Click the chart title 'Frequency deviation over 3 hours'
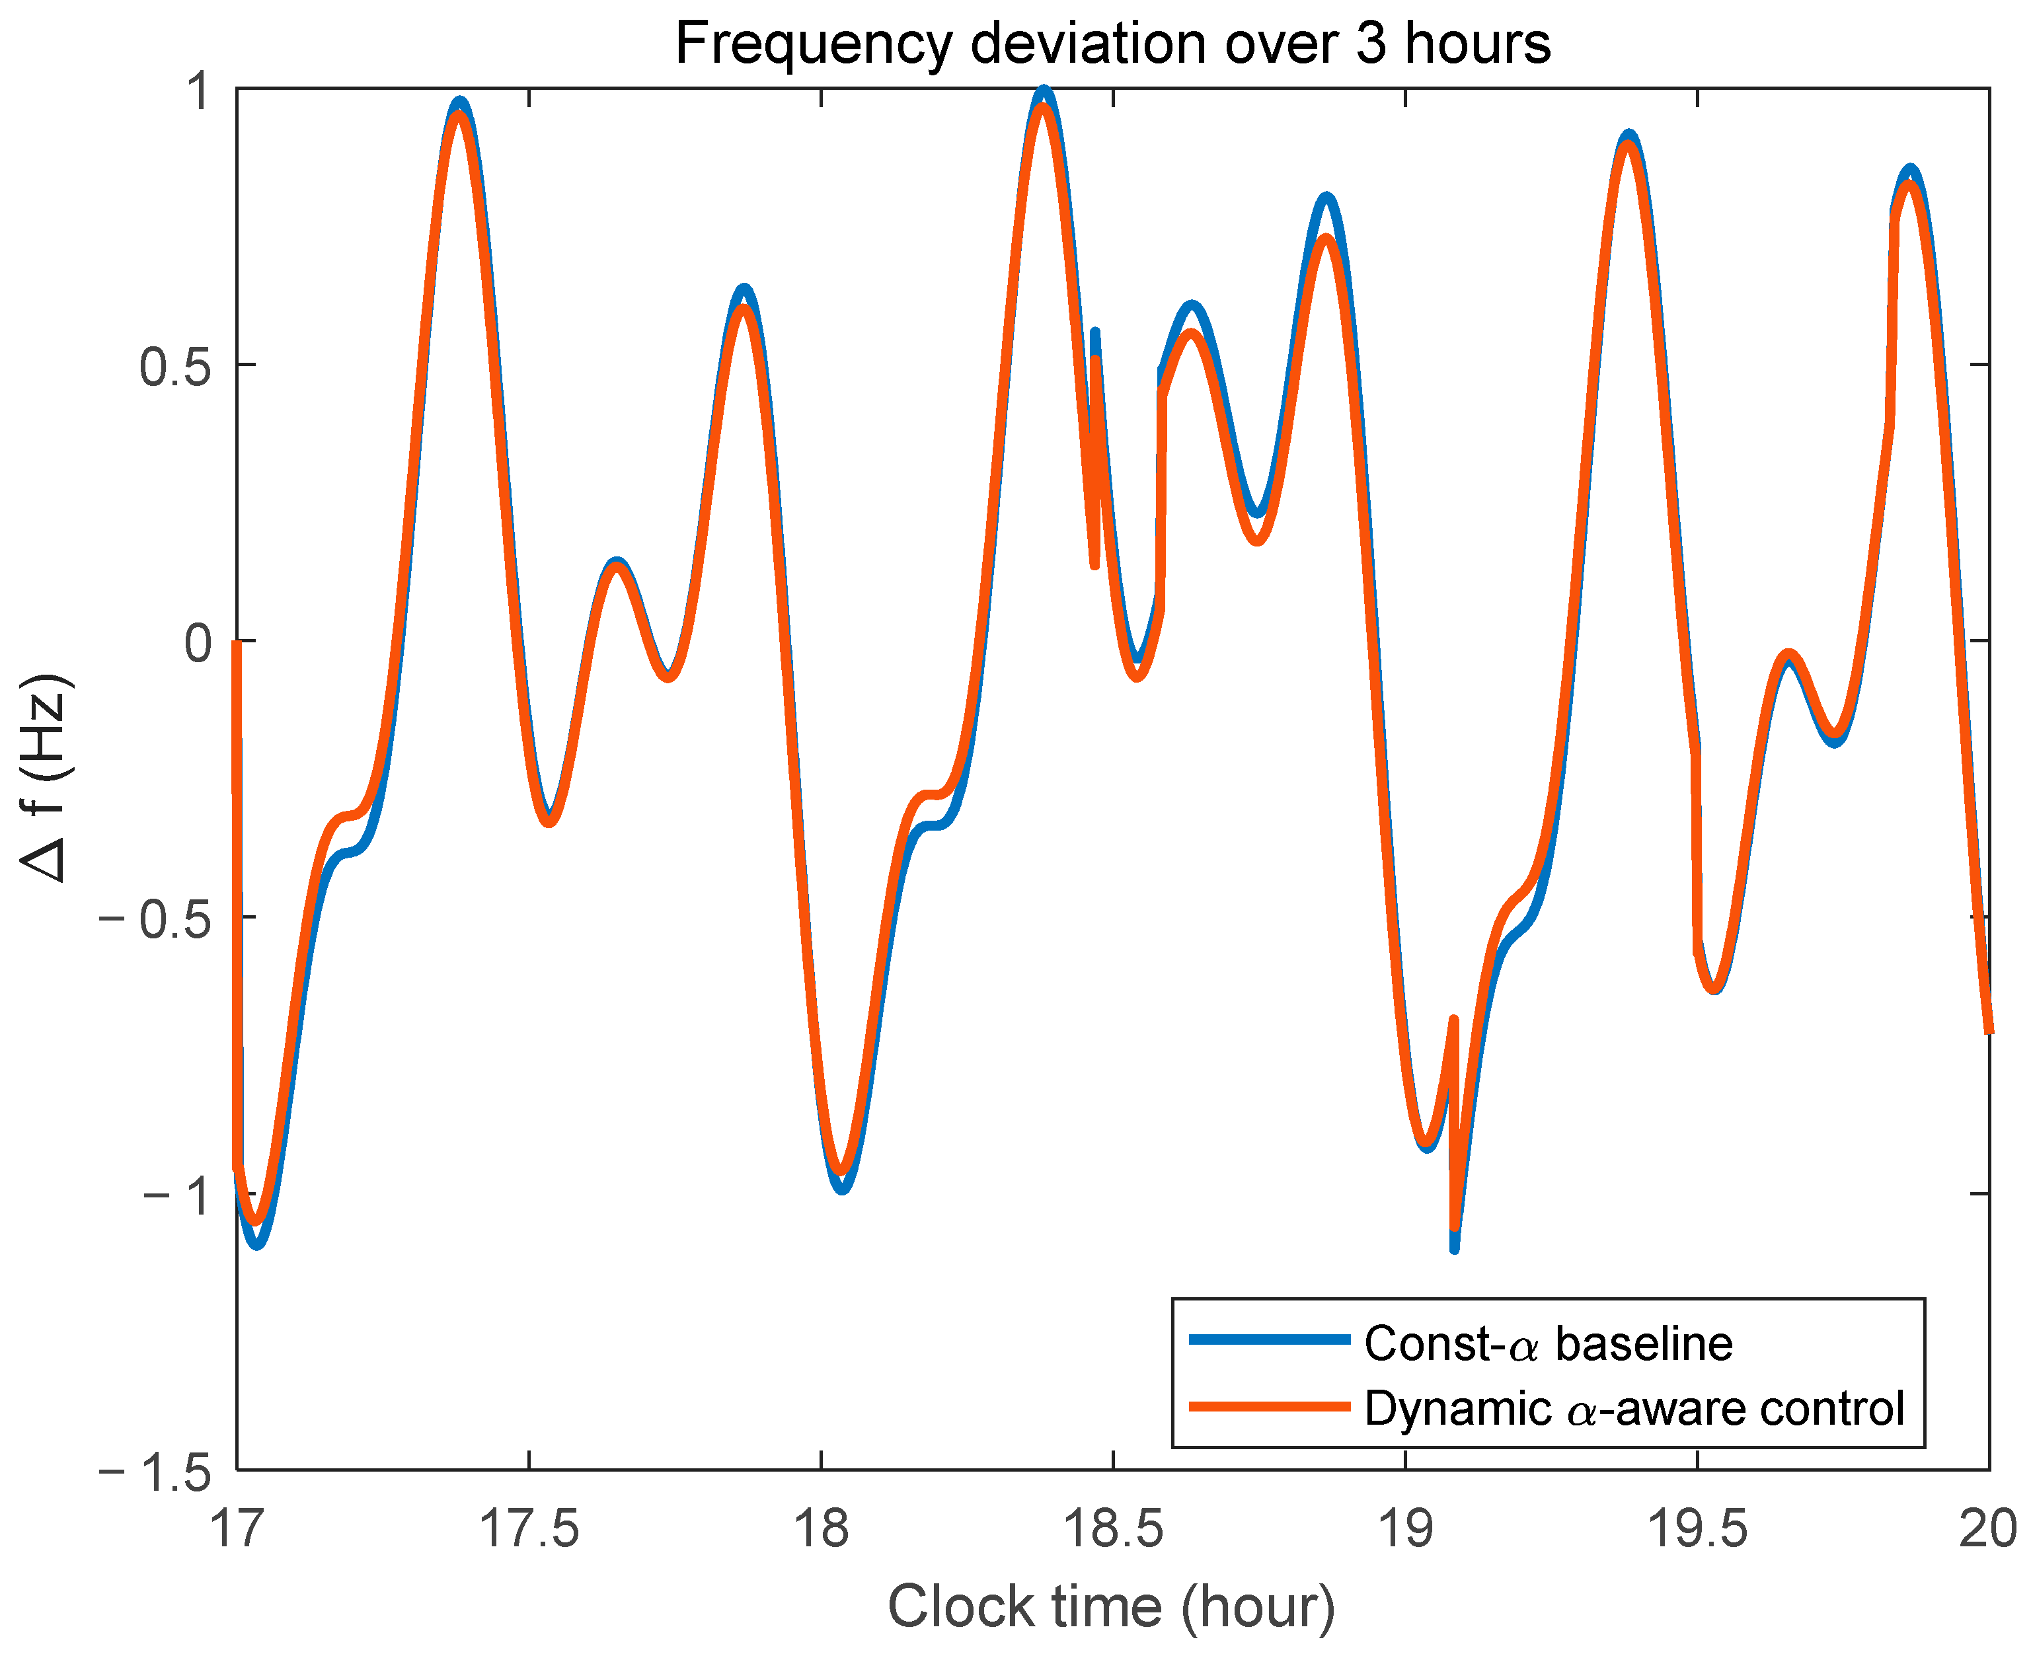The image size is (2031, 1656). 1112,44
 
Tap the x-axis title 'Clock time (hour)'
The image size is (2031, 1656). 1112,1606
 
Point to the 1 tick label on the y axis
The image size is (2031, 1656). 198,92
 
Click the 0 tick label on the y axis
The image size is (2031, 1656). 198,644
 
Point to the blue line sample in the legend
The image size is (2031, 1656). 1270,1340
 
